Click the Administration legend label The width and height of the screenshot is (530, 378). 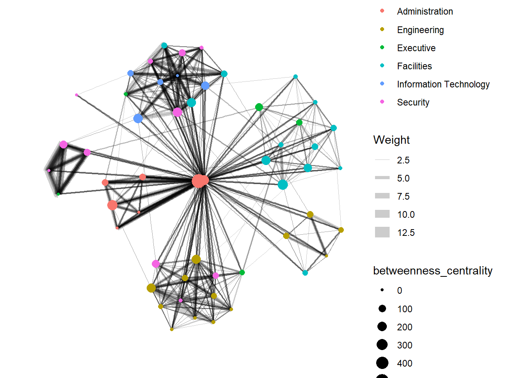coord(425,11)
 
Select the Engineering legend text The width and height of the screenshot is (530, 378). coord(420,30)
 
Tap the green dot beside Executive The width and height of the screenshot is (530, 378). coord(382,48)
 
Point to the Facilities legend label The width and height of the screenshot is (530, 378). coord(414,66)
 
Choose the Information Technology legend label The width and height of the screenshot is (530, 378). coord(443,84)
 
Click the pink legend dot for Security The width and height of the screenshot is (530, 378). coord(382,102)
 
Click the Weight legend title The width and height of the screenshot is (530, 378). coord(391,140)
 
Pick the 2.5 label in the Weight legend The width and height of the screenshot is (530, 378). coord(403,160)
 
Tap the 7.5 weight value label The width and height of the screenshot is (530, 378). coord(403,196)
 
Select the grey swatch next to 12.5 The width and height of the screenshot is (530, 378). coord(382,232)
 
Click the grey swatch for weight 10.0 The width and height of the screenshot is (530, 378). coord(382,214)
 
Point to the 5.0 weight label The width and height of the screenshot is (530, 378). coord(403,178)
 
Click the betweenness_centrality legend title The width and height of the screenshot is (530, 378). coord(433,271)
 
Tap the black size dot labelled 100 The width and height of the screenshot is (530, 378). coord(382,309)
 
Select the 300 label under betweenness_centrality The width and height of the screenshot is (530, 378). coord(405,345)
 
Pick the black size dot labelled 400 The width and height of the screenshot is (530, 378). coord(382,363)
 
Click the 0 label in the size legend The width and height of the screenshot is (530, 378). coord(399,291)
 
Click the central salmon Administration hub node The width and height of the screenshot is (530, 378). coord(200,181)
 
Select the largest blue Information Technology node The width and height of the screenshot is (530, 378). coord(138,119)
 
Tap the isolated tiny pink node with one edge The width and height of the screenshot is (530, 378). coord(77,95)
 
